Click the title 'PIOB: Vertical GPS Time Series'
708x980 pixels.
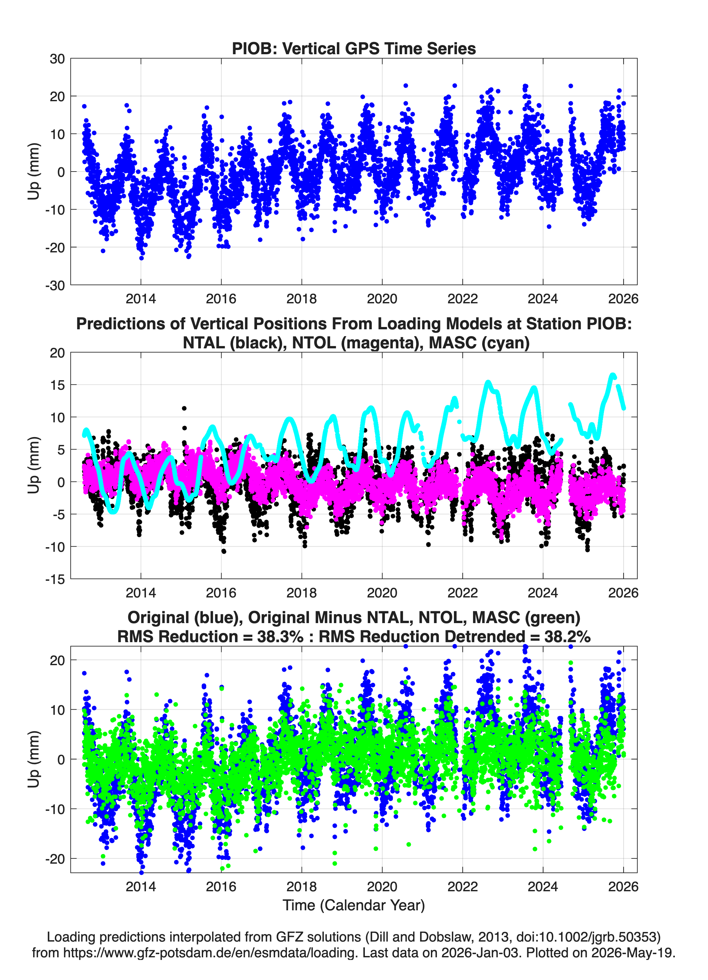click(x=354, y=48)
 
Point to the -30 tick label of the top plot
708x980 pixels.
click(x=55, y=285)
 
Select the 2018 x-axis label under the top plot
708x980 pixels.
click(x=301, y=299)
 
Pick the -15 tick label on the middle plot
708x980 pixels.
click(x=55, y=579)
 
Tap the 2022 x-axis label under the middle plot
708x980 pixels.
click(x=462, y=593)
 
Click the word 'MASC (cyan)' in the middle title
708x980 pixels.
click(x=479, y=343)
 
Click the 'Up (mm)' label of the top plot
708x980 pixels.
click(x=34, y=172)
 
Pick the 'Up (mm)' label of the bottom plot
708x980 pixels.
click(x=34, y=759)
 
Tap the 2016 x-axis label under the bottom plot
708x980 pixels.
click(x=221, y=886)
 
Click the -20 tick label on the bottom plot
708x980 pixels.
click(x=55, y=859)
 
